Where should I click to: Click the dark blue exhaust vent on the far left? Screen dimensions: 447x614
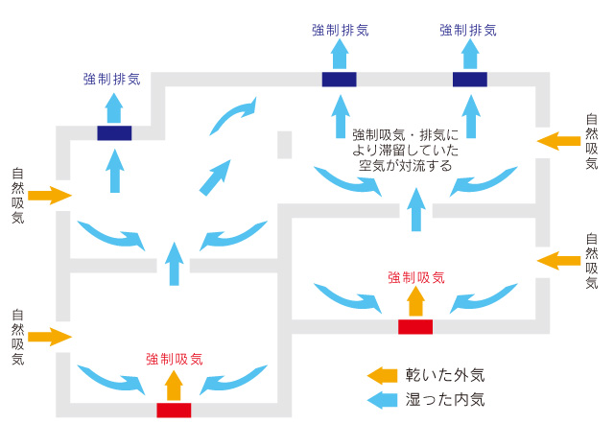(x=114, y=133)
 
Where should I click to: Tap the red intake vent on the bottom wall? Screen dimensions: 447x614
(x=174, y=411)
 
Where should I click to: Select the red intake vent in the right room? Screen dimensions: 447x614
(x=415, y=327)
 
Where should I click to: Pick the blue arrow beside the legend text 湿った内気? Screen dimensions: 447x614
(x=383, y=398)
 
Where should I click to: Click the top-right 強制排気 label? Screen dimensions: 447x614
(x=468, y=30)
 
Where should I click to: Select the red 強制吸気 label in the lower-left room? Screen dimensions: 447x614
(x=175, y=359)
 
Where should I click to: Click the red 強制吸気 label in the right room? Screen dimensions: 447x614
(x=416, y=277)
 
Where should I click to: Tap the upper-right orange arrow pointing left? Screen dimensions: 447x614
(x=558, y=142)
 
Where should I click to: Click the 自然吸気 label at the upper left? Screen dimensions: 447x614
(x=17, y=197)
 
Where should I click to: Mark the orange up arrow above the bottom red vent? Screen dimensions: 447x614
(x=174, y=384)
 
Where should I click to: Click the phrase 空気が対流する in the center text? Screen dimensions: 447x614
(x=406, y=165)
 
